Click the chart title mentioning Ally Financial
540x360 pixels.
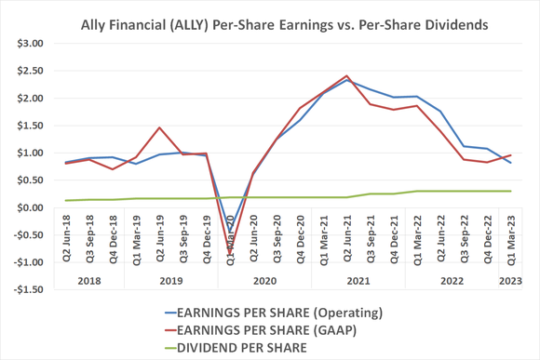point(279,16)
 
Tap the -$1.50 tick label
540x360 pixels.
point(29,289)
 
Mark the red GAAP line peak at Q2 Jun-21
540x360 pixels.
point(346,75)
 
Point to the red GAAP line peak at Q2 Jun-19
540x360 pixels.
point(159,127)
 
